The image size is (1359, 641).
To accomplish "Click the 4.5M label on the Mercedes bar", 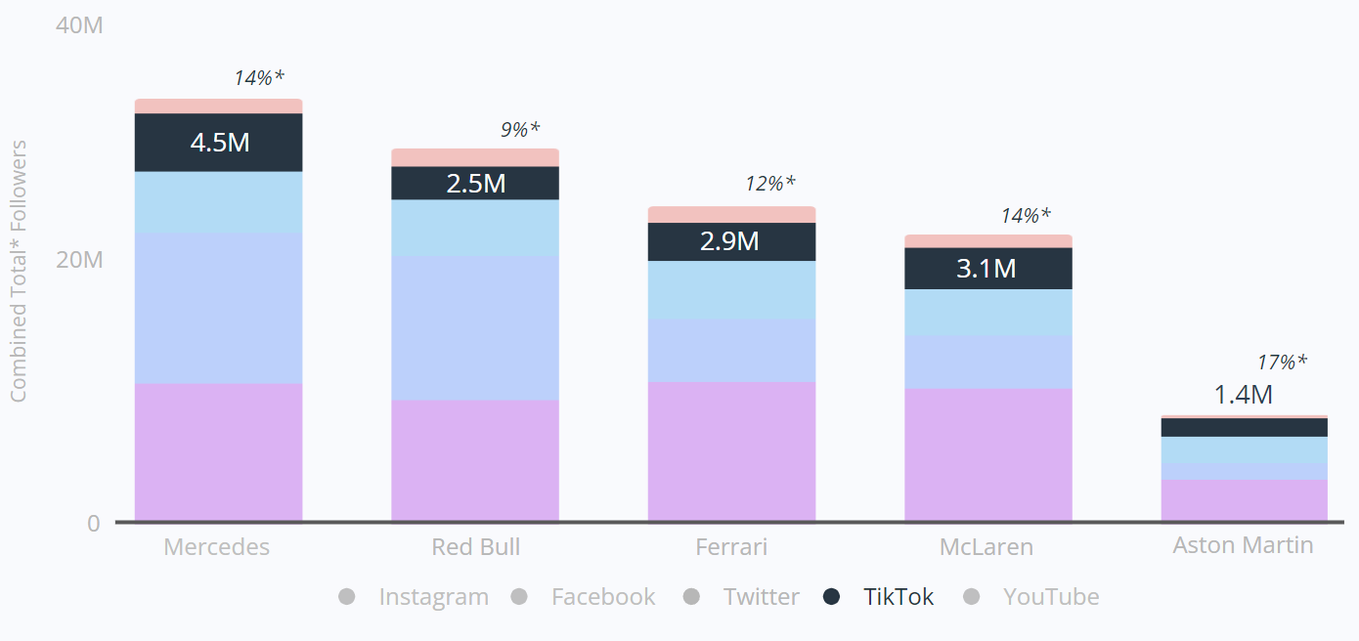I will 220,143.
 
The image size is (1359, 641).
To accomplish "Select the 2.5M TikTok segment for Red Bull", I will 475,184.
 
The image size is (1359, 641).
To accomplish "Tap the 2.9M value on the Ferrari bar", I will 729,241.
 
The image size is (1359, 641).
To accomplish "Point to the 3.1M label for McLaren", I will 986,268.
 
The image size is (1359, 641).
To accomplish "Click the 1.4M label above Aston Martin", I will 1243,395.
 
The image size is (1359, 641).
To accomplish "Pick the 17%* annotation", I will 1281,363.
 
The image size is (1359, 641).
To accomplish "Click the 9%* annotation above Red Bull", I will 520,129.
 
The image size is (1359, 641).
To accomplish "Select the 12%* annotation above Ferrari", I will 769,184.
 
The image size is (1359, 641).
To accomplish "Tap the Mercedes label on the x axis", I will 216,546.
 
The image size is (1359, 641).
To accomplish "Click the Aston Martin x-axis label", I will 1243,544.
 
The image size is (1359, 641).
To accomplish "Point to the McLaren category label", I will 986,546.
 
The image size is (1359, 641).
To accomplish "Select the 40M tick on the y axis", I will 78,25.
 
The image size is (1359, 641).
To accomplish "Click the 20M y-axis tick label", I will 78,260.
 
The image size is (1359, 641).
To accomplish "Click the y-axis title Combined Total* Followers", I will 19,272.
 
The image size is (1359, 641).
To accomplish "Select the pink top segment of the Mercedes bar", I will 218,106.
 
